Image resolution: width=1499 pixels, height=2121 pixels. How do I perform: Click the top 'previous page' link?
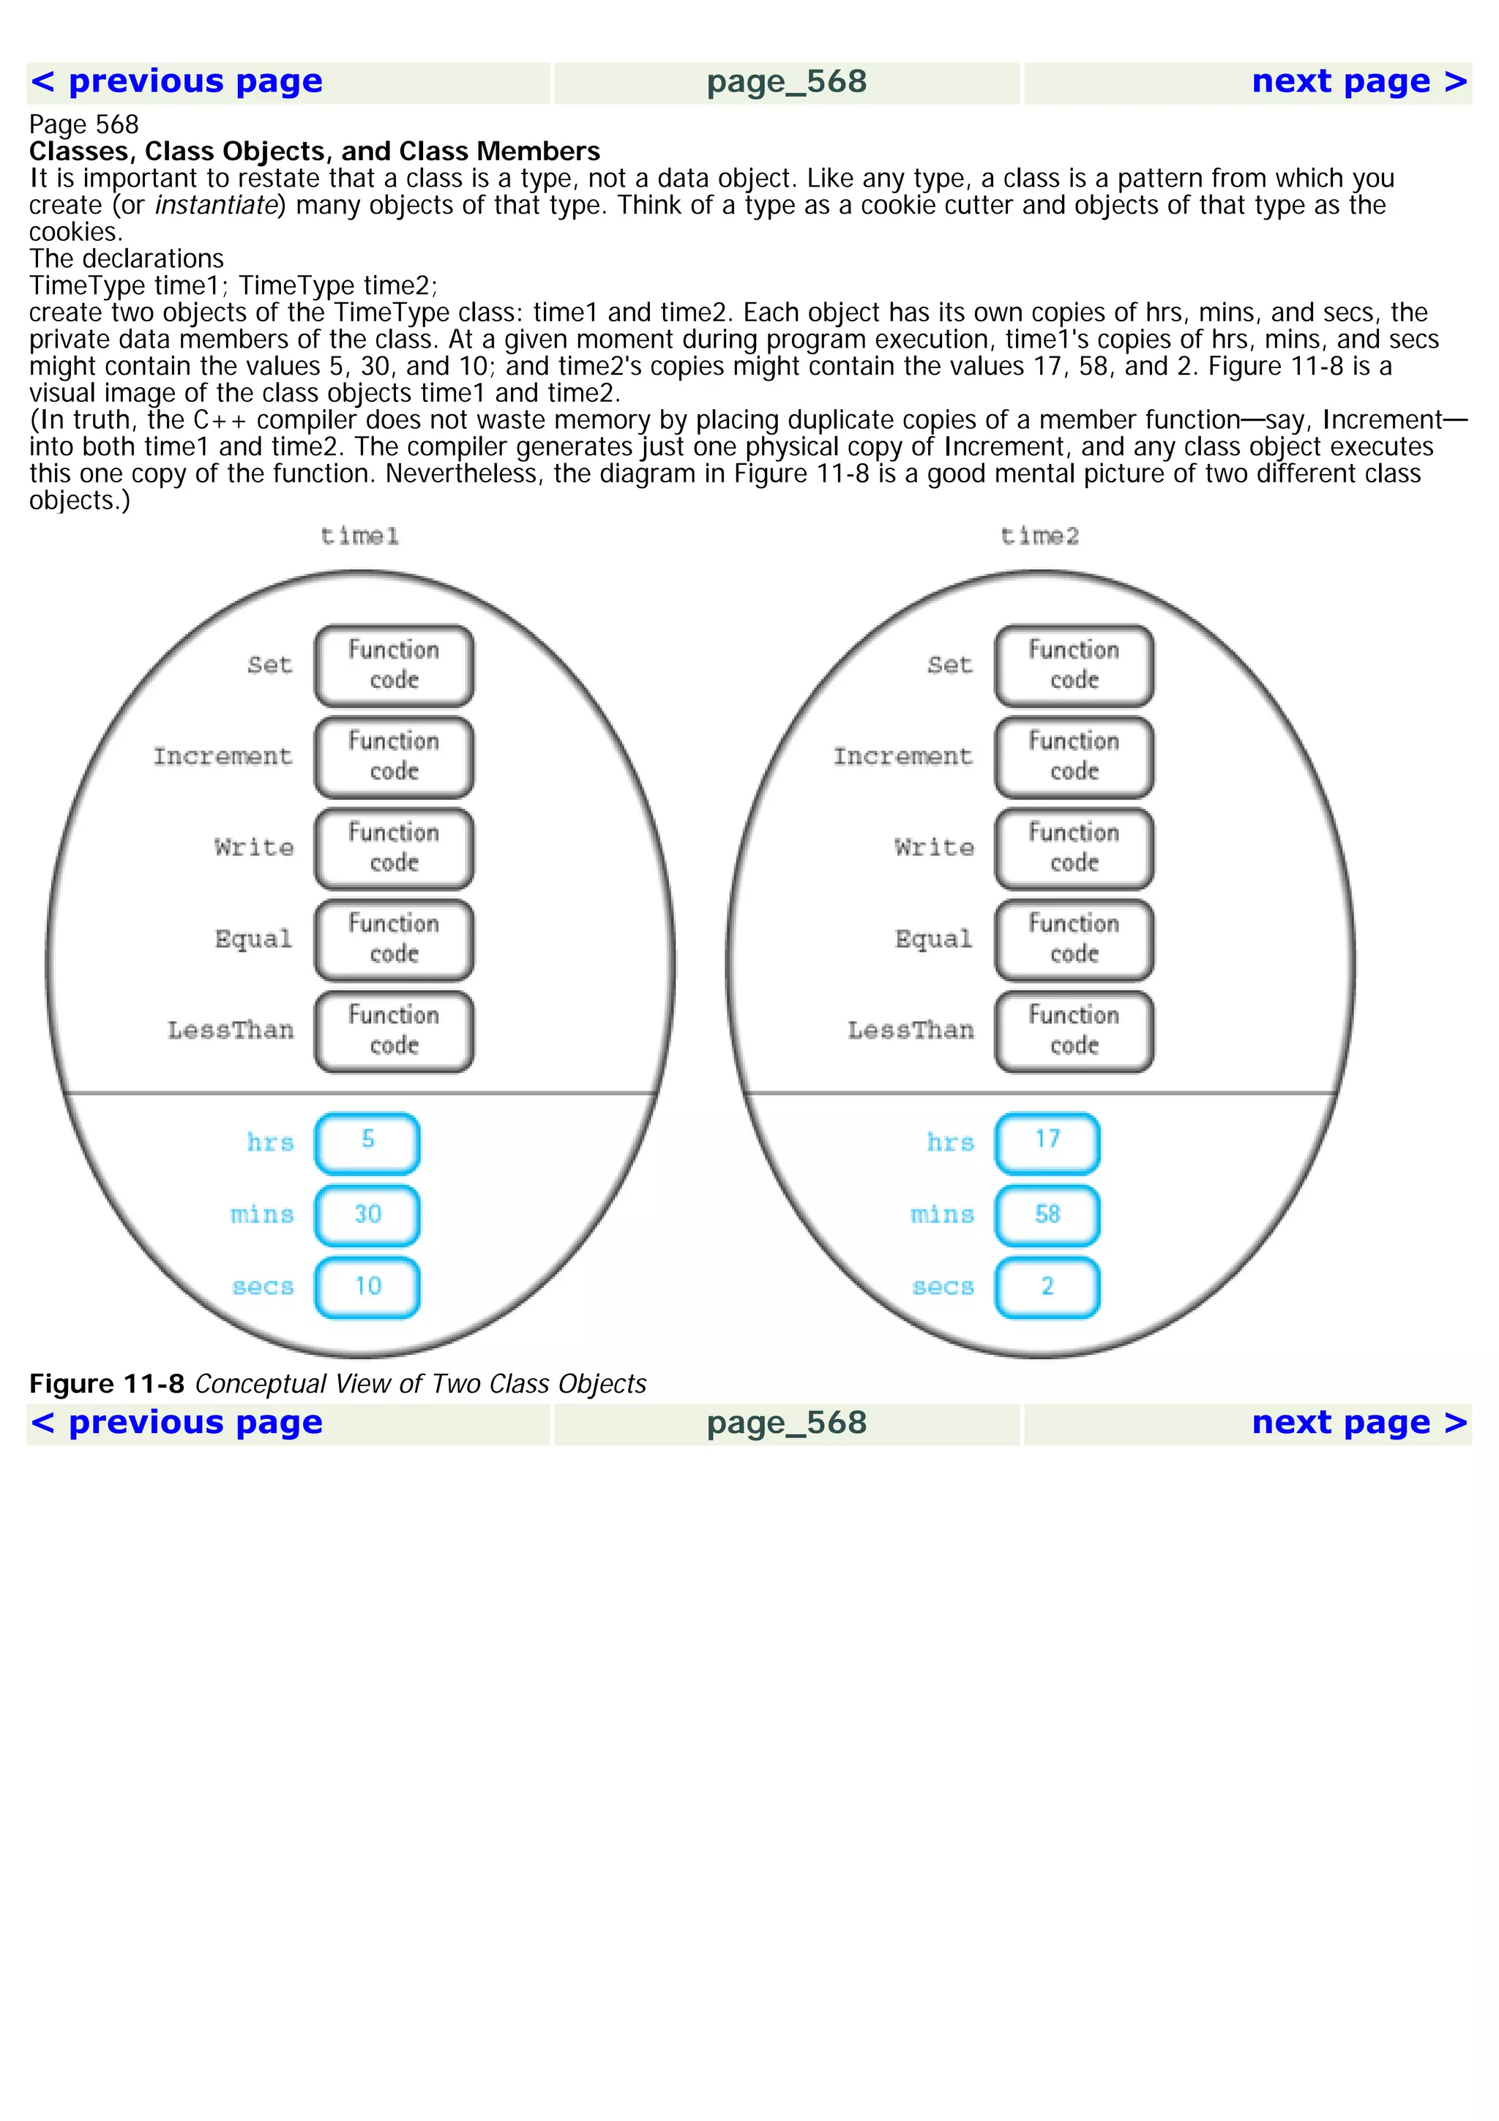[x=177, y=82]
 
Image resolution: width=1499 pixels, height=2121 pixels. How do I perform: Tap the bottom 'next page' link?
[x=1358, y=1423]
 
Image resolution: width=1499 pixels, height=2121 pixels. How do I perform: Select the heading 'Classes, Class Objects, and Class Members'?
[x=314, y=151]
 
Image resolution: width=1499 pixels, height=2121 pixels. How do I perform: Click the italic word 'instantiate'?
[x=216, y=205]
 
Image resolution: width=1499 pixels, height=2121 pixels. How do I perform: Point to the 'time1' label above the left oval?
[x=359, y=536]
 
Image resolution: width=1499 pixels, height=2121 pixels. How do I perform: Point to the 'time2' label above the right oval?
[x=1039, y=536]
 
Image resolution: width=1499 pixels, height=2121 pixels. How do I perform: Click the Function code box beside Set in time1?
[x=395, y=665]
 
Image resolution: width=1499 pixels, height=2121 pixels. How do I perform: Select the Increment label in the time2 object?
[x=902, y=757]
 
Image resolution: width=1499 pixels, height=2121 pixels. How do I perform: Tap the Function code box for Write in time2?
[x=1074, y=848]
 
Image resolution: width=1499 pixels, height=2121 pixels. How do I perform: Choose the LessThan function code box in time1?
[x=395, y=1031]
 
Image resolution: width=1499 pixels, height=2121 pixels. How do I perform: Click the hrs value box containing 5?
[x=367, y=1142]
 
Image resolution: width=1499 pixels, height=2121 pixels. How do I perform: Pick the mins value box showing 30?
[x=367, y=1215]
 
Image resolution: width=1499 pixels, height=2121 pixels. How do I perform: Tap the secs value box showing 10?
[x=367, y=1287]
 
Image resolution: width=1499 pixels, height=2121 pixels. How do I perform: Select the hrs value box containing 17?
[x=1047, y=1142]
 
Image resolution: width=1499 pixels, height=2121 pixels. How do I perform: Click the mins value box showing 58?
[x=1047, y=1215]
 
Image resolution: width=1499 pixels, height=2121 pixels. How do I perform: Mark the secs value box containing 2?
[x=1047, y=1287]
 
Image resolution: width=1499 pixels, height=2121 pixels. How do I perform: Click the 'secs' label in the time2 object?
[x=942, y=1287]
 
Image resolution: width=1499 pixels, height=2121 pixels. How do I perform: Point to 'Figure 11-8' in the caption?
[x=107, y=1384]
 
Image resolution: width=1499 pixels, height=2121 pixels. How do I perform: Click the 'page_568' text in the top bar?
[x=787, y=82]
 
